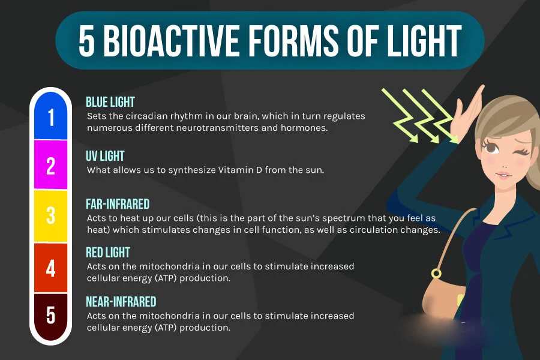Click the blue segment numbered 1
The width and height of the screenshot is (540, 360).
(x=50, y=116)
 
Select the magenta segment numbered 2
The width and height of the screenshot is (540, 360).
(x=50, y=164)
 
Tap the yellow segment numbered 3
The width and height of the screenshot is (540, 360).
(x=50, y=215)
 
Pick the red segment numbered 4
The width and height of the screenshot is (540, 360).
(x=50, y=268)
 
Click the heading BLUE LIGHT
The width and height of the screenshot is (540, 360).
(x=110, y=102)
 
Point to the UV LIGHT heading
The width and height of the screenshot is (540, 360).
(x=105, y=156)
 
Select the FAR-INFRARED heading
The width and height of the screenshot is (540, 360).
(x=118, y=204)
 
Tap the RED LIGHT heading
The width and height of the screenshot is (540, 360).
(x=108, y=252)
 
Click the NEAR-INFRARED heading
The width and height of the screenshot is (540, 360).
(x=121, y=301)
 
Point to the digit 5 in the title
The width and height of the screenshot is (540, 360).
(x=86, y=41)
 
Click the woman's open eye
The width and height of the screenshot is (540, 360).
(x=490, y=148)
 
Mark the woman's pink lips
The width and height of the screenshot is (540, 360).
(x=503, y=175)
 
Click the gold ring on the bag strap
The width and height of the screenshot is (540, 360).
(x=436, y=274)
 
